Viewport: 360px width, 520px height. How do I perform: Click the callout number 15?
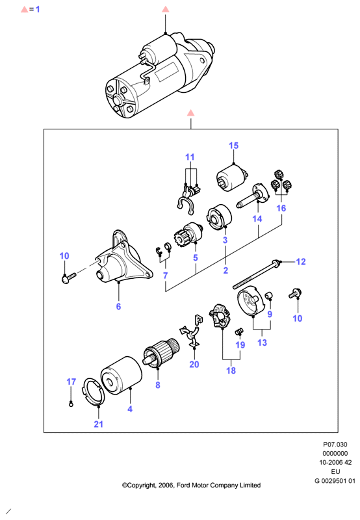(x=233, y=146)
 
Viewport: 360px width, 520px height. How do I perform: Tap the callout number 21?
(x=99, y=424)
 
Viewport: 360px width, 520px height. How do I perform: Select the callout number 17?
(x=71, y=382)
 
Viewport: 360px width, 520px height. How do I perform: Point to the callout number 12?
(x=300, y=262)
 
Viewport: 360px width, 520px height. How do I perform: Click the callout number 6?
(x=118, y=306)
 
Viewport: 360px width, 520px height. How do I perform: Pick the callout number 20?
(x=194, y=365)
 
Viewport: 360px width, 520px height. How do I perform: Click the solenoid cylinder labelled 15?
(x=232, y=179)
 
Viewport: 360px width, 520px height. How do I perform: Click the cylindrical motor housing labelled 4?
(x=122, y=376)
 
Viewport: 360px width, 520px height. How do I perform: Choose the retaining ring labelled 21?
(x=93, y=392)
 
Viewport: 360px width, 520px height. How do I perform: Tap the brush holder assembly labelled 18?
(x=220, y=316)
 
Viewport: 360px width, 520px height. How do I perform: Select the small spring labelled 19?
(x=239, y=331)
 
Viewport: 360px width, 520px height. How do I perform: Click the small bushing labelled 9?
(x=269, y=295)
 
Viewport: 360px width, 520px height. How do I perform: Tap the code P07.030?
(x=335, y=445)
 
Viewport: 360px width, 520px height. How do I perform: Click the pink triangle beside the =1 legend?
(x=25, y=10)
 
